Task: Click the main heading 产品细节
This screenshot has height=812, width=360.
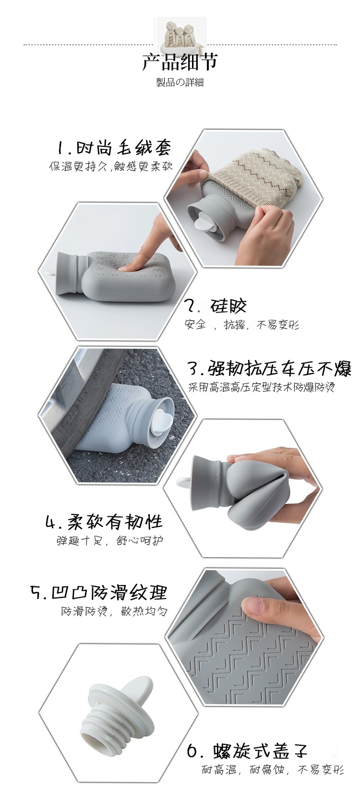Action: [180, 62]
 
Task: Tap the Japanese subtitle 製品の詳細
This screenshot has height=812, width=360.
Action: [180, 83]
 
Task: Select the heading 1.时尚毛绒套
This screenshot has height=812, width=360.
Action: [114, 147]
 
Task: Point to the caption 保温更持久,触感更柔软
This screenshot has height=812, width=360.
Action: [111, 167]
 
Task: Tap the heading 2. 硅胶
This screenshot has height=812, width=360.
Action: [216, 306]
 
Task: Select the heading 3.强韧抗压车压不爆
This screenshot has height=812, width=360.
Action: [269, 369]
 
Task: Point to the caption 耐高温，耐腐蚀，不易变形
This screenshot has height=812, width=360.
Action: [272, 770]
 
